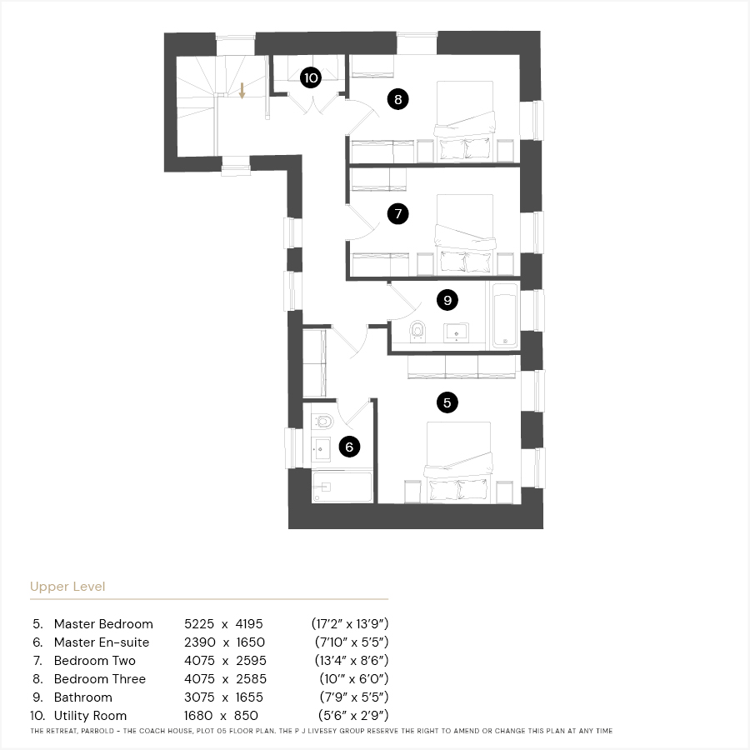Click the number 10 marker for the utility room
[311, 77]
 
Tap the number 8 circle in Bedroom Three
[398, 99]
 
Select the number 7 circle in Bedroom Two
[398, 213]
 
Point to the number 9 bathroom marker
[447, 300]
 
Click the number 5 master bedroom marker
[447, 402]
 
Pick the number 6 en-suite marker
[349, 447]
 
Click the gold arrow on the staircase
[242, 90]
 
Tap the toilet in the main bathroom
[417, 331]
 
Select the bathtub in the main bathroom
[505, 316]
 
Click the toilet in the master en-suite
[322, 422]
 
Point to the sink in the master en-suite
[321, 449]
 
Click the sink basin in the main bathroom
[456, 332]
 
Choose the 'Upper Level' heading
[67, 587]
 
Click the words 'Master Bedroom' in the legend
[103, 623]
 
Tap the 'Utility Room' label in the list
[90, 716]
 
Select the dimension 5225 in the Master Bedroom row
[199, 623]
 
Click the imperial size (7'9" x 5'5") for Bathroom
[354, 697]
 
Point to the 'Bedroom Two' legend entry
[95, 661]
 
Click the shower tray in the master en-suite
[342, 487]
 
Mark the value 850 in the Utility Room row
[246, 716]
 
